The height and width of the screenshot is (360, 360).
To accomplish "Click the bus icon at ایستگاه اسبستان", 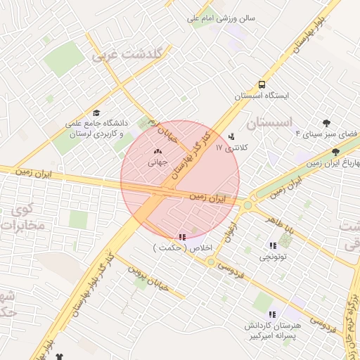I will pyautogui.click(x=261, y=83).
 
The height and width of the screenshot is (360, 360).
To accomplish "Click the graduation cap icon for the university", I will pyautogui.click(x=96, y=112).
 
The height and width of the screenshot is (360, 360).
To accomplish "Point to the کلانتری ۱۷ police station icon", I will pyautogui.click(x=232, y=137).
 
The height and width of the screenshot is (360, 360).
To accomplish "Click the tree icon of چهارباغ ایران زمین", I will pyautogui.click(x=335, y=151).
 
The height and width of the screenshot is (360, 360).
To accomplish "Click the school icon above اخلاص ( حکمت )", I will pyautogui.click(x=183, y=237).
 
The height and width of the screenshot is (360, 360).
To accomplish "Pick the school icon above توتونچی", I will pyautogui.click(x=272, y=245).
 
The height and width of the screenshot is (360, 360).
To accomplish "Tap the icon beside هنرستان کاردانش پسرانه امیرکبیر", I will pyautogui.click(x=272, y=314).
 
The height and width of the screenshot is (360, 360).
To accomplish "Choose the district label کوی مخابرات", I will pyautogui.click(x=21, y=218).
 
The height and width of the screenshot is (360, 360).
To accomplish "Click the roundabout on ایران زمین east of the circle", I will pyautogui.click(x=247, y=205).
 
